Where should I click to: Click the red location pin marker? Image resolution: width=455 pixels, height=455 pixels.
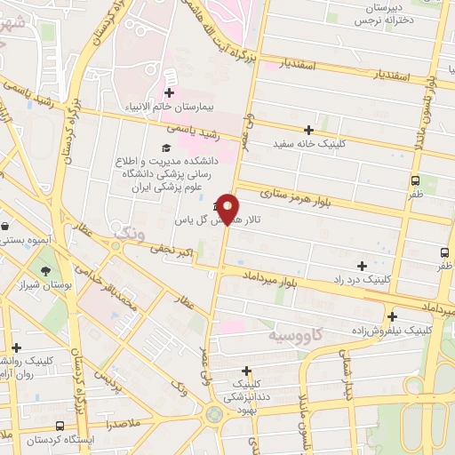click(228, 209)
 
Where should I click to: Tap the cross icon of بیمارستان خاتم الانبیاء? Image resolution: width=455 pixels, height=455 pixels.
click(170, 92)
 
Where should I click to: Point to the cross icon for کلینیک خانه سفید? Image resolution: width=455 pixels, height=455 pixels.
click(308, 130)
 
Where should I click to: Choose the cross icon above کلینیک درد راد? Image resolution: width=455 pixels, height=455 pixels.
click(362, 266)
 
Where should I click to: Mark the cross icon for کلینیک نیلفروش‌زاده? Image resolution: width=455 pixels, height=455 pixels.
click(392, 315)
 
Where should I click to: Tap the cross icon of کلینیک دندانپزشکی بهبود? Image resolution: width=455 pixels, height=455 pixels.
click(246, 370)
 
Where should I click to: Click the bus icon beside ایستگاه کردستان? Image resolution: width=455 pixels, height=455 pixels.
click(60, 427)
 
